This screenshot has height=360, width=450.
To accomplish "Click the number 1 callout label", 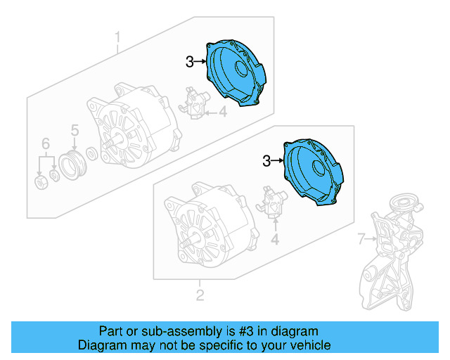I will [x=118, y=36].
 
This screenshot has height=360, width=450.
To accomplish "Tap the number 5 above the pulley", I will [x=74, y=129].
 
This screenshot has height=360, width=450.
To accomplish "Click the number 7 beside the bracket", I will [x=361, y=240].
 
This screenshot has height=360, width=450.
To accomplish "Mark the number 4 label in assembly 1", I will [x=222, y=110].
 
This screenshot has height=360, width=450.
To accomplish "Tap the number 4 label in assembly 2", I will [x=275, y=240].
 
